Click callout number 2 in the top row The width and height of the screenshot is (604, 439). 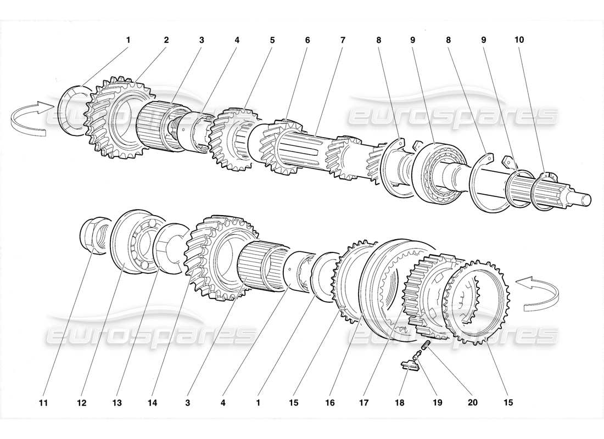pos(166,40)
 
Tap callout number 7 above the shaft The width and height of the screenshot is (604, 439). pos(343,40)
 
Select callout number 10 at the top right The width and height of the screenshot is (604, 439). pos(519,40)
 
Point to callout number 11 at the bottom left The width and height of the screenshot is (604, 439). pos(43,402)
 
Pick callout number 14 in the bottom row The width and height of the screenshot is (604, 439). pos(153,402)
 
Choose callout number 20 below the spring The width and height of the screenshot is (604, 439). pos(472,402)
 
